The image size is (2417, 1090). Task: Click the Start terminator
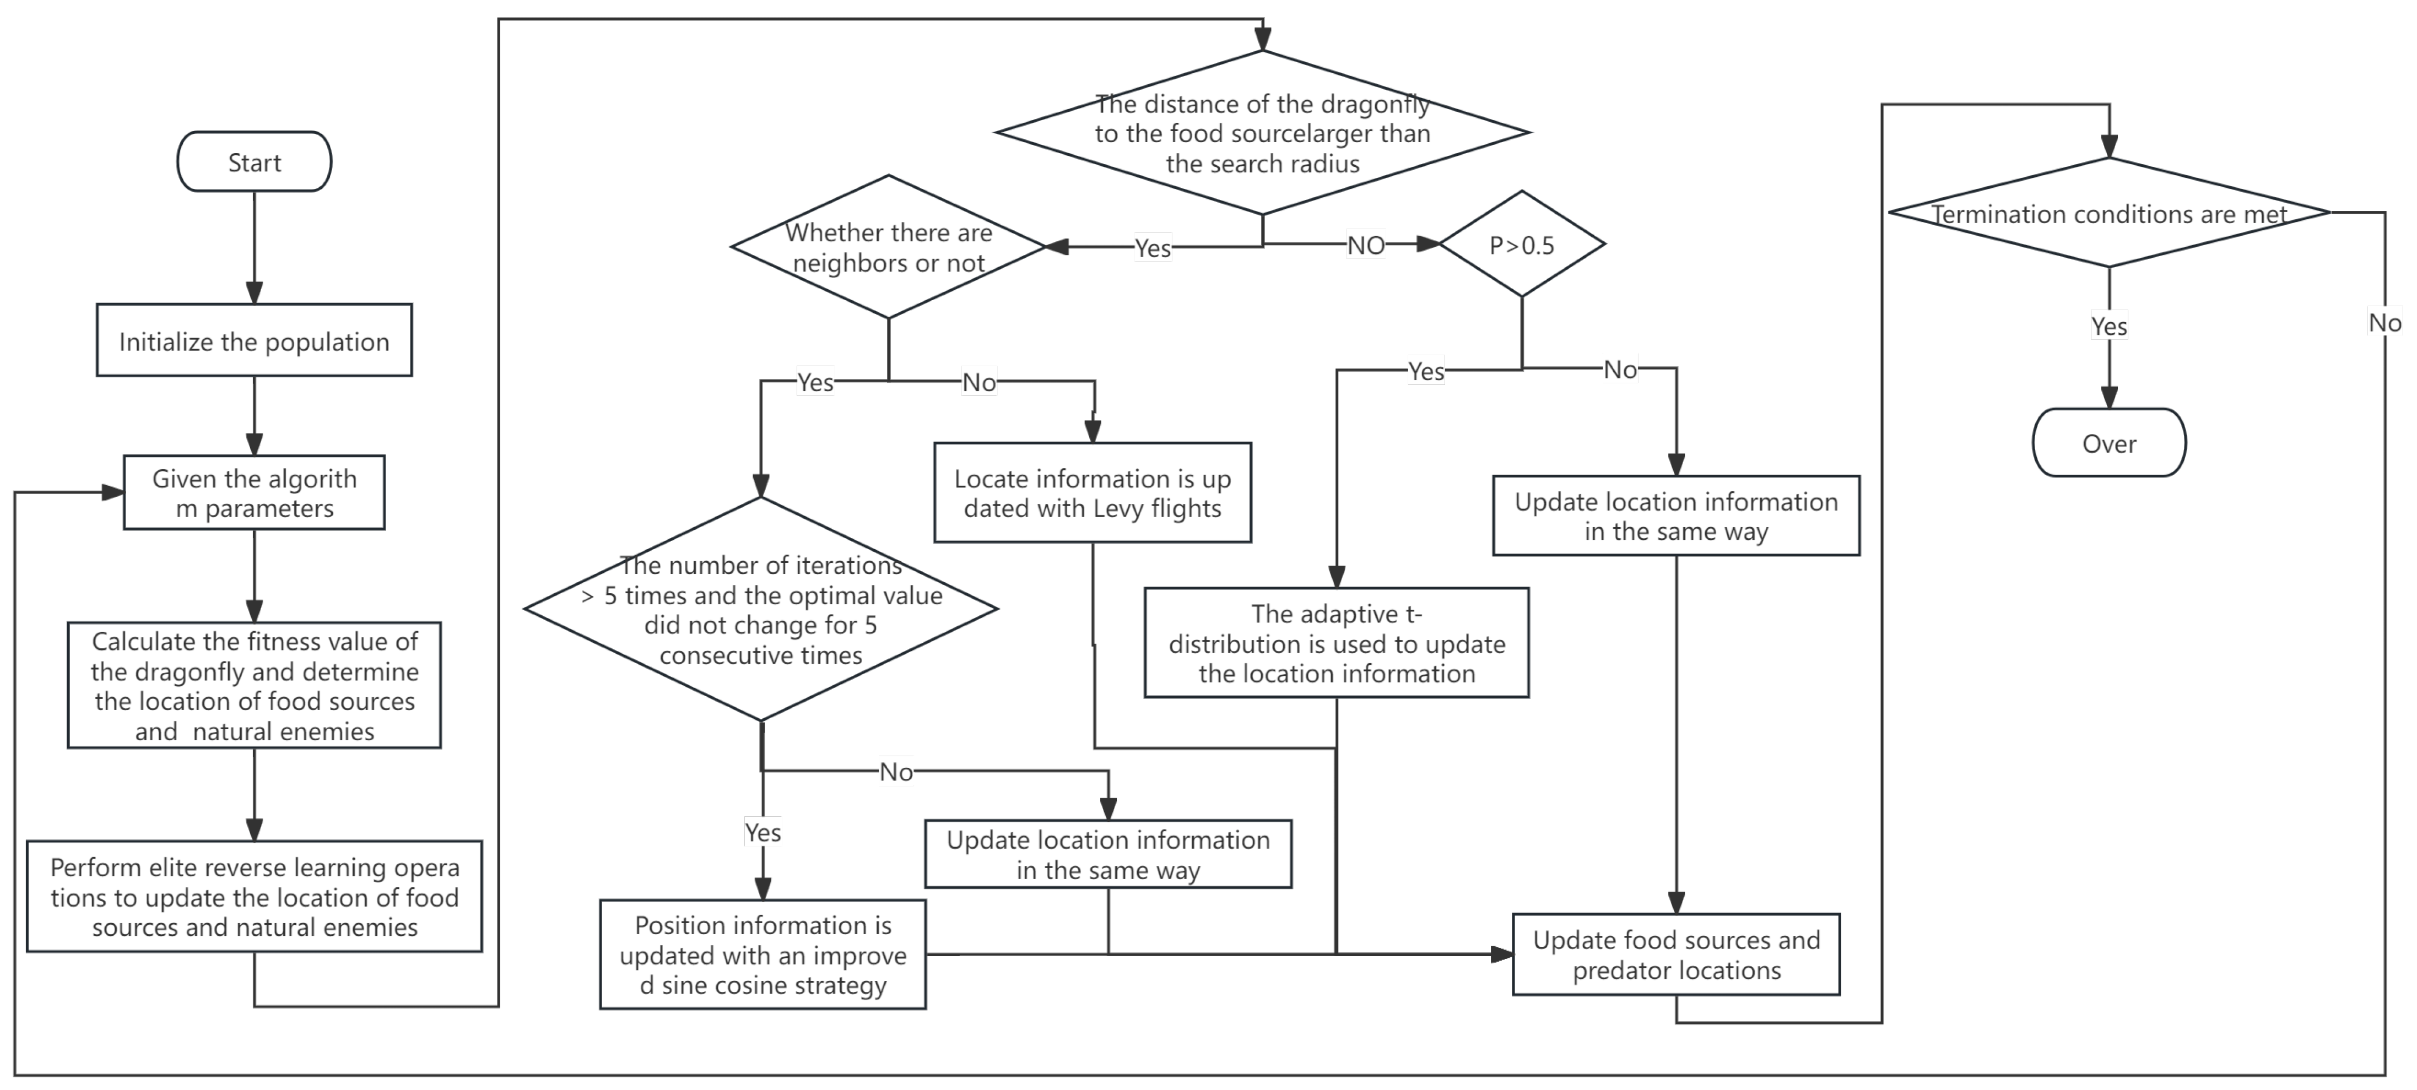click(x=255, y=161)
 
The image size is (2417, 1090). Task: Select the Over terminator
click(x=2109, y=443)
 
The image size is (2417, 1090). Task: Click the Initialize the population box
click(x=255, y=340)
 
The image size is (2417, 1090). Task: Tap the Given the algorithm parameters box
click(x=255, y=492)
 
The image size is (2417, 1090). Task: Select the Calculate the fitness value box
click(x=255, y=685)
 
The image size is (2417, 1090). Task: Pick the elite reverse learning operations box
click(x=255, y=897)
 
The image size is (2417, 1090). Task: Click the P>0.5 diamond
click(x=1522, y=244)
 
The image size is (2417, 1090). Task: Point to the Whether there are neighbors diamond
click(x=889, y=247)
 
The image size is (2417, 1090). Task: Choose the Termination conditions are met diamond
click(x=2109, y=213)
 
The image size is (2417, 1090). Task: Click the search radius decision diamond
click(x=1263, y=132)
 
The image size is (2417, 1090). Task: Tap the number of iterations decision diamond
click(x=761, y=609)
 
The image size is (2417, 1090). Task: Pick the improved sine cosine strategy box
click(x=763, y=955)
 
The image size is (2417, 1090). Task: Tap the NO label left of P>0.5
click(x=1366, y=245)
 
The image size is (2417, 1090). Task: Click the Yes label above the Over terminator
click(x=2109, y=326)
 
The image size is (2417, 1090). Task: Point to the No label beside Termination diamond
click(x=2384, y=323)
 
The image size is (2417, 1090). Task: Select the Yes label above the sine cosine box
click(x=763, y=832)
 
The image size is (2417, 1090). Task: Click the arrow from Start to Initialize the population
click(x=255, y=248)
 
